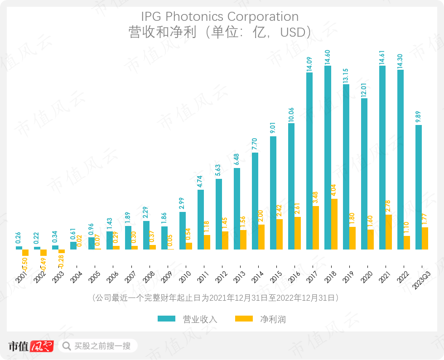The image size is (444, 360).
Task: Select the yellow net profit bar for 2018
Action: [334, 224]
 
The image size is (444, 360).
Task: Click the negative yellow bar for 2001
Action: [25, 253]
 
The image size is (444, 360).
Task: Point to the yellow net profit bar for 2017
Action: [316, 227]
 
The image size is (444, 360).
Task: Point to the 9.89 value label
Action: [419, 115]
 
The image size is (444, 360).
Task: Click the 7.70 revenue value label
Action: [255, 143]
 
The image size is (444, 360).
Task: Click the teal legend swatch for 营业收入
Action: [167, 319]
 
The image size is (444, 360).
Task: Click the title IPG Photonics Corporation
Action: [220, 17]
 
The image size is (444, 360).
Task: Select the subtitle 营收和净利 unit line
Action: [220, 32]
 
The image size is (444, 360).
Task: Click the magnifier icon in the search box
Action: [67, 346]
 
